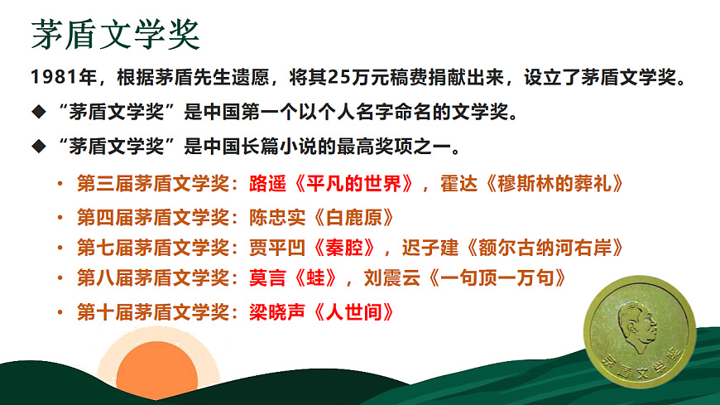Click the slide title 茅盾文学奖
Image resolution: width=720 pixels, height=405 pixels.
click(x=115, y=36)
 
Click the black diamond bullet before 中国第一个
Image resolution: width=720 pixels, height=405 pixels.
click(x=36, y=113)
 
